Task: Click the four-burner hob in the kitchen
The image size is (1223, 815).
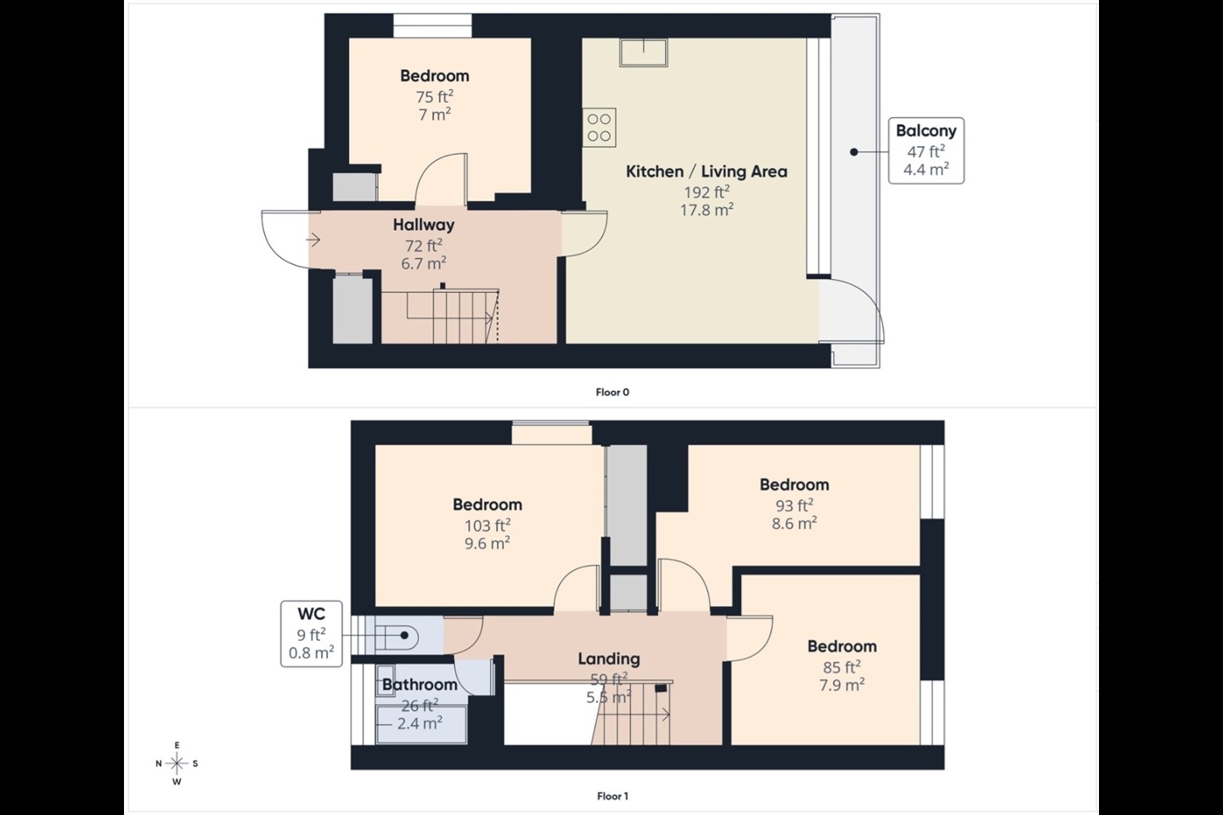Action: [x=599, y=127]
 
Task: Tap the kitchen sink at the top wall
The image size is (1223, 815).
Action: [x=643, y=53]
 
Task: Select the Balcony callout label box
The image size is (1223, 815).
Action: [x=926, y=150]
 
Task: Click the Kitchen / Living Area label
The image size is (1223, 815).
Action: [x=706, y=171]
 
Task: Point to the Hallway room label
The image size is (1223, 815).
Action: [x=423, y=225]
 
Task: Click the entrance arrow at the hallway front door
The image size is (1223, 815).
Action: [x=313, y=240]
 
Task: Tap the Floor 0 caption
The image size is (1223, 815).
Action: [x=611, y=392]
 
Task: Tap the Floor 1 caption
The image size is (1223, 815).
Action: [x=611, y=796]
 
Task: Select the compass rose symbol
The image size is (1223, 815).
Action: [x=177, y=763]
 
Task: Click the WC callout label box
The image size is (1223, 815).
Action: [x=311, y=633]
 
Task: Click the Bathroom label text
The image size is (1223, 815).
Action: [x=420, y=684]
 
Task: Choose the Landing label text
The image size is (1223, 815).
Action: [x=608, y=659]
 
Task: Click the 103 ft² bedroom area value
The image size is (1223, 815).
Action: [x=487, y=526]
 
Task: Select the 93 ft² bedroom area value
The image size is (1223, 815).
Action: [x=793, y=505]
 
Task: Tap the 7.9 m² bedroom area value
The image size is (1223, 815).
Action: [x=841, y=685]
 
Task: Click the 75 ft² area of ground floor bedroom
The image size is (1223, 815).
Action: [x=434, y=97]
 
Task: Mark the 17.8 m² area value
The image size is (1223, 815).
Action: [x=706, y=210]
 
